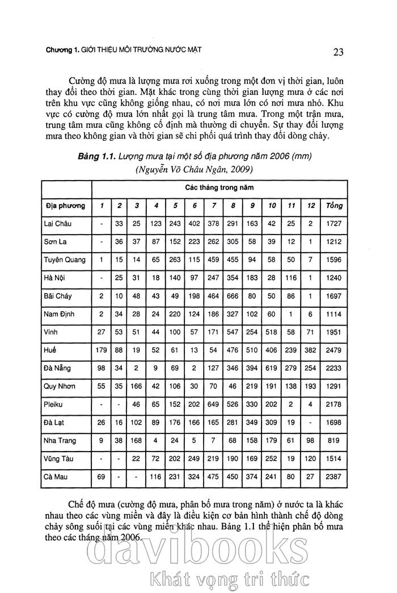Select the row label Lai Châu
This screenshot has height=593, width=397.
58,224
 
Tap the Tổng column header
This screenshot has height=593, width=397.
334,205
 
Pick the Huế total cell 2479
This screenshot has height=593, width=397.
334,350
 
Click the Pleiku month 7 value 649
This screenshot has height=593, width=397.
214,404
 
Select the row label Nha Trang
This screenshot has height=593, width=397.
61,441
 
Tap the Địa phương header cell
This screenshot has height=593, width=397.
65,205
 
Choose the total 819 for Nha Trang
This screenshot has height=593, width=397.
334,441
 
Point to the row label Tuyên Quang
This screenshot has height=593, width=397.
65,260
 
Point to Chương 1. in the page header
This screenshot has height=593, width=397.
63,51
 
